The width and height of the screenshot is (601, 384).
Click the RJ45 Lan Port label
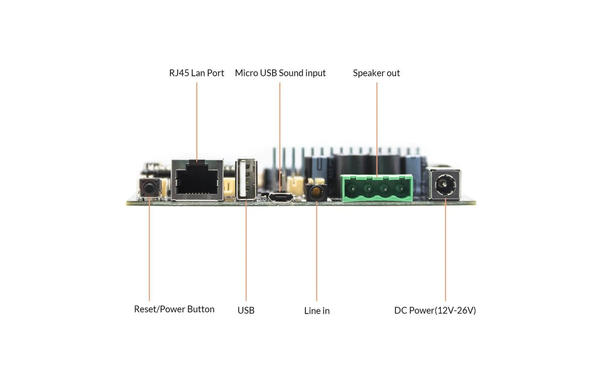(x=197, y=73)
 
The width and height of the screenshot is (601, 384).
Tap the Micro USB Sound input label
(x=280, y=73)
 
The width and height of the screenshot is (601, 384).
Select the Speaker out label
(x=376, y=73)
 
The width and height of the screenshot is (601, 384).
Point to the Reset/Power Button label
(x=174, y=309)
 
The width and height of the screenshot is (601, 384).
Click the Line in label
(x=317, y=310)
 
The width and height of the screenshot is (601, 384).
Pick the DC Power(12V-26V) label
(x=435, y=310)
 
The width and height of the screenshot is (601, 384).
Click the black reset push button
(x=149, y=188)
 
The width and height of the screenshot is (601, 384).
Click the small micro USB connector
(x=281, y=197)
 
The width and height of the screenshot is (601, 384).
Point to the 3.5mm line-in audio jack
(x=316, y=192)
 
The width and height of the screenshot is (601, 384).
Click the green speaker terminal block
(x=377, y=188)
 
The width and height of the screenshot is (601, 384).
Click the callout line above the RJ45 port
(x=197, y=120)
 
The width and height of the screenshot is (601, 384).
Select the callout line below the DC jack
(x=445, y=252)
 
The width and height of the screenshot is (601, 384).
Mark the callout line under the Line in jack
(x=316, y=252)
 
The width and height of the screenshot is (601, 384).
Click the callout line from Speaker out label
(x=377, y=126)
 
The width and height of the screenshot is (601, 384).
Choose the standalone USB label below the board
(x=246, y=310)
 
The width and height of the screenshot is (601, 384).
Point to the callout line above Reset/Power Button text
(x=149, y=249)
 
